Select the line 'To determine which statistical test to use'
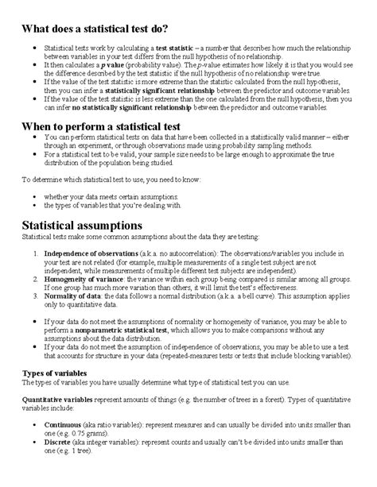pos(111,180)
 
